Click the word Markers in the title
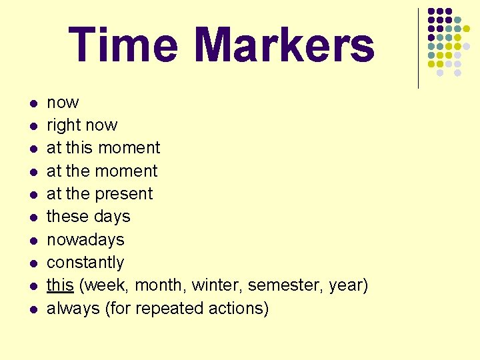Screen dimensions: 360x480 click(x=285, y=45)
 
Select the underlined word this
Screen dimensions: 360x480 click(x=60, y=285)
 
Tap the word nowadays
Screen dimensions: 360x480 click(x=85, y=239)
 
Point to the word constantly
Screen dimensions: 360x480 click(x=85, y=262)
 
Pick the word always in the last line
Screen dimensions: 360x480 click(x=73, y=308)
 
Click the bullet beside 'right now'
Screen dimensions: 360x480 click(x=32, y=126)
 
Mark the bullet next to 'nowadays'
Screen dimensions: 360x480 click(x=32, y=240)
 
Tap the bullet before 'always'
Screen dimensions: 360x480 click(x=32, y=309)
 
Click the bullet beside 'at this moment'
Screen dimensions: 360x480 click(x=32, y=149)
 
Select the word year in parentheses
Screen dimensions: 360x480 click(x=349, y=285)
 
